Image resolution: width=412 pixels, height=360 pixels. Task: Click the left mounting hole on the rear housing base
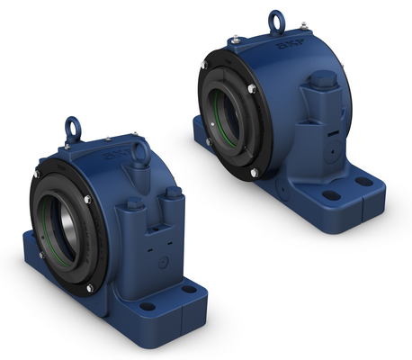coord(331,194)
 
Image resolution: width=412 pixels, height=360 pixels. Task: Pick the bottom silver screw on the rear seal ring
coord(255,172)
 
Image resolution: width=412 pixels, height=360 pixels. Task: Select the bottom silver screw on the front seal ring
coord(90,287)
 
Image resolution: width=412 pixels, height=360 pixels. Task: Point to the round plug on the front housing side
coord(162,263)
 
